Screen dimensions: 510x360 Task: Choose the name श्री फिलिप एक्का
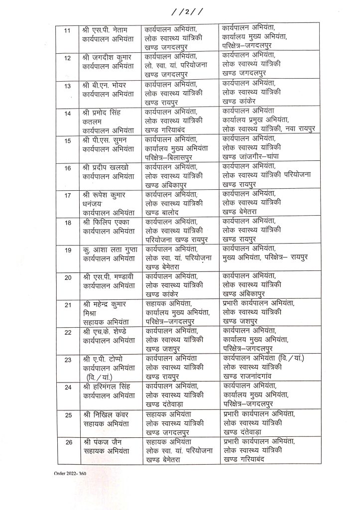(107, 221)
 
